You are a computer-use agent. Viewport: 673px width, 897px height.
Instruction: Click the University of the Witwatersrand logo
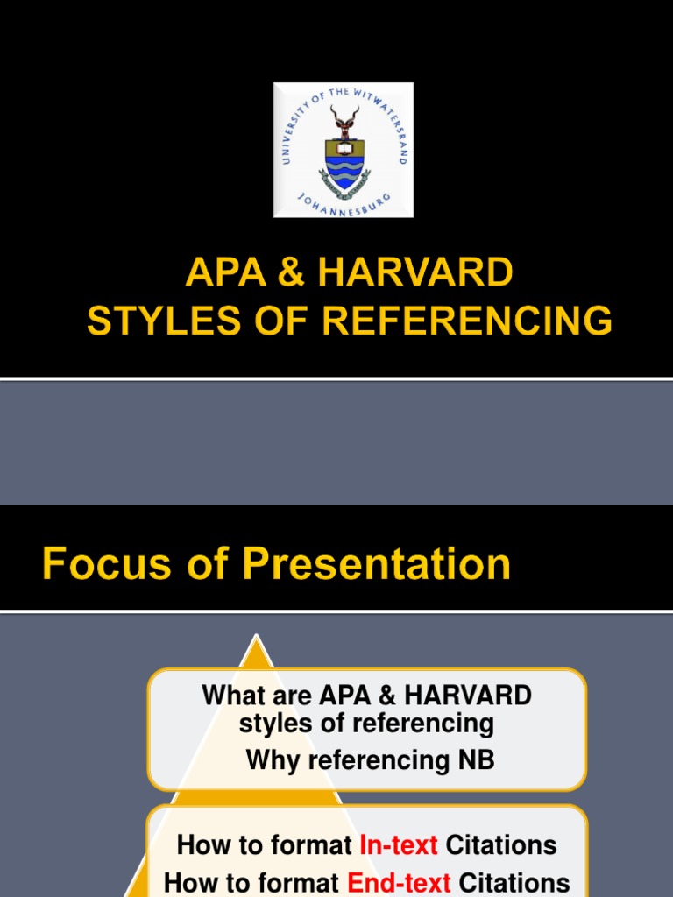pos(343,150)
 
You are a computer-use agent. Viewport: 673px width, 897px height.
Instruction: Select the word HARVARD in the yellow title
pos(415,275)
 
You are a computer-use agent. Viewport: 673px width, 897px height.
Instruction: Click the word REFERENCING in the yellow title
pos(468,321)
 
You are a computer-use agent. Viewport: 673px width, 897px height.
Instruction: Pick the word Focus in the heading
pos(95,564)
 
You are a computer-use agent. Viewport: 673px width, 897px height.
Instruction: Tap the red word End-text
pos(399,882)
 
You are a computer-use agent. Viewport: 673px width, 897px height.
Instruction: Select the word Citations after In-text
pos(501,845)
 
